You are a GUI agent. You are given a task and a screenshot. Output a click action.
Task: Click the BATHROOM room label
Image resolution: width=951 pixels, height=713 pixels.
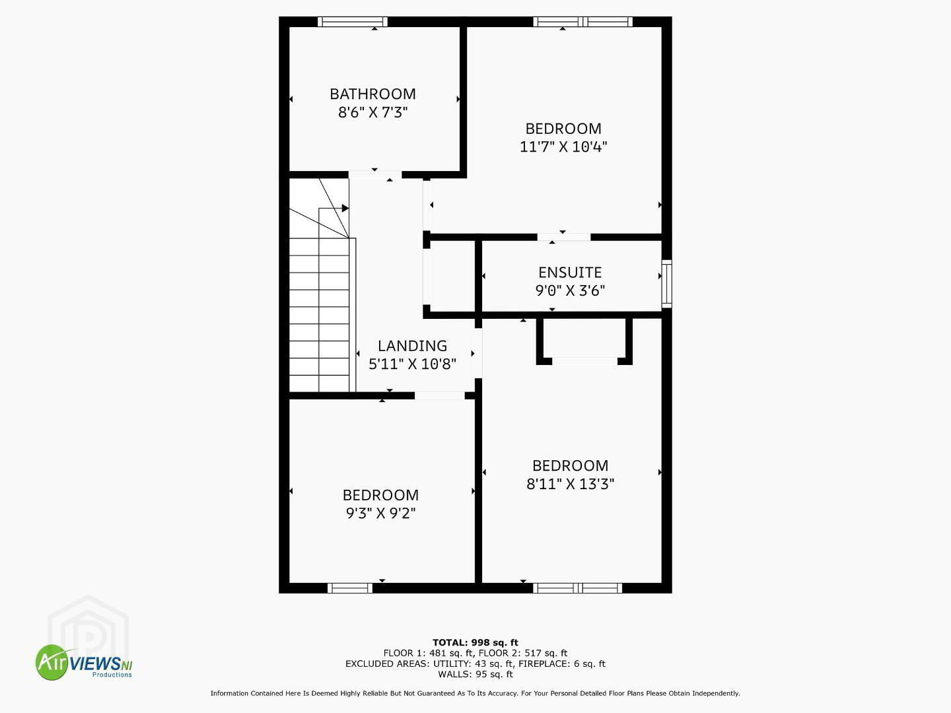[x=372, y=94]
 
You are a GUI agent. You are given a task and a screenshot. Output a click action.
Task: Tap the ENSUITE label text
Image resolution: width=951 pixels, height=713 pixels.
[x=570, y=272]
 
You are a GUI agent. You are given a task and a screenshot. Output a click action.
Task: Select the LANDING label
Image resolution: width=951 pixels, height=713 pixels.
[x=412, y=346]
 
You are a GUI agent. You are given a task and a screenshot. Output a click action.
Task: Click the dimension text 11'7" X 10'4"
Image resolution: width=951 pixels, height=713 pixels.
[x=563, y=147]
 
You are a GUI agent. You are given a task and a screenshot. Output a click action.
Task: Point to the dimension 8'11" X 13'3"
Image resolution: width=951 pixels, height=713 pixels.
[x=570, y=483]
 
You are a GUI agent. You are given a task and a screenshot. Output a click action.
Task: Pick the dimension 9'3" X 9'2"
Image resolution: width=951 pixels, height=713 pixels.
[x=380, y=513]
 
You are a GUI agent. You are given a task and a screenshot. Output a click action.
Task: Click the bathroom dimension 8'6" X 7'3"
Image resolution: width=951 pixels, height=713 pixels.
[x=372, y=112]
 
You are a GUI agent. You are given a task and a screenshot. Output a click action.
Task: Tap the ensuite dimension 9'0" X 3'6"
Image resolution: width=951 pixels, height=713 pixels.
[x=570, y=290]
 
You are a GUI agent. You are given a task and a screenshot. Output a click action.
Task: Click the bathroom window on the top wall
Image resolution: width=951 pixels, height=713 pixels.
[x=353, y=22]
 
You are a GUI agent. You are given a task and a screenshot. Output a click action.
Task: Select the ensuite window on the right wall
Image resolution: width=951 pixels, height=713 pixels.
[x=667, y=284]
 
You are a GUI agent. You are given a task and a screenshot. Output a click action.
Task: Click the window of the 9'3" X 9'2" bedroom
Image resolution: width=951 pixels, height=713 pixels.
[x=350, y=588]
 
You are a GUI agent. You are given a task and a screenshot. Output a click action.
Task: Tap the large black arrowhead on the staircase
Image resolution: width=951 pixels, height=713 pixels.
[x=345, y=208]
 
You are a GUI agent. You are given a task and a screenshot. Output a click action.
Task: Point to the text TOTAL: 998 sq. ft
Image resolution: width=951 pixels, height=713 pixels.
[x=475, y=642]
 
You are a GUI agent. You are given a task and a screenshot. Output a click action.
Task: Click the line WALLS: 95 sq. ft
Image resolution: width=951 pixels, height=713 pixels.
[x=475, y=674]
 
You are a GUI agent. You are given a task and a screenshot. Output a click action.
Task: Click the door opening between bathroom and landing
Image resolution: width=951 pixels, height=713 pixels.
[x=375, y=174]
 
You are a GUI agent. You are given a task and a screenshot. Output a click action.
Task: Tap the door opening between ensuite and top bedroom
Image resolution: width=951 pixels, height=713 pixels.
[x=564, y=237]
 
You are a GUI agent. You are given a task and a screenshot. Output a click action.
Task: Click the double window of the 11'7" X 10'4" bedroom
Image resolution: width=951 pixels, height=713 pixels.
[x=582, y=22]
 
